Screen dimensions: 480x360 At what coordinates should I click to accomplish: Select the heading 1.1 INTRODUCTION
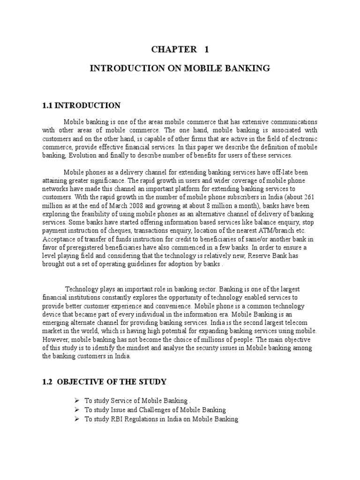click(81, 105)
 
